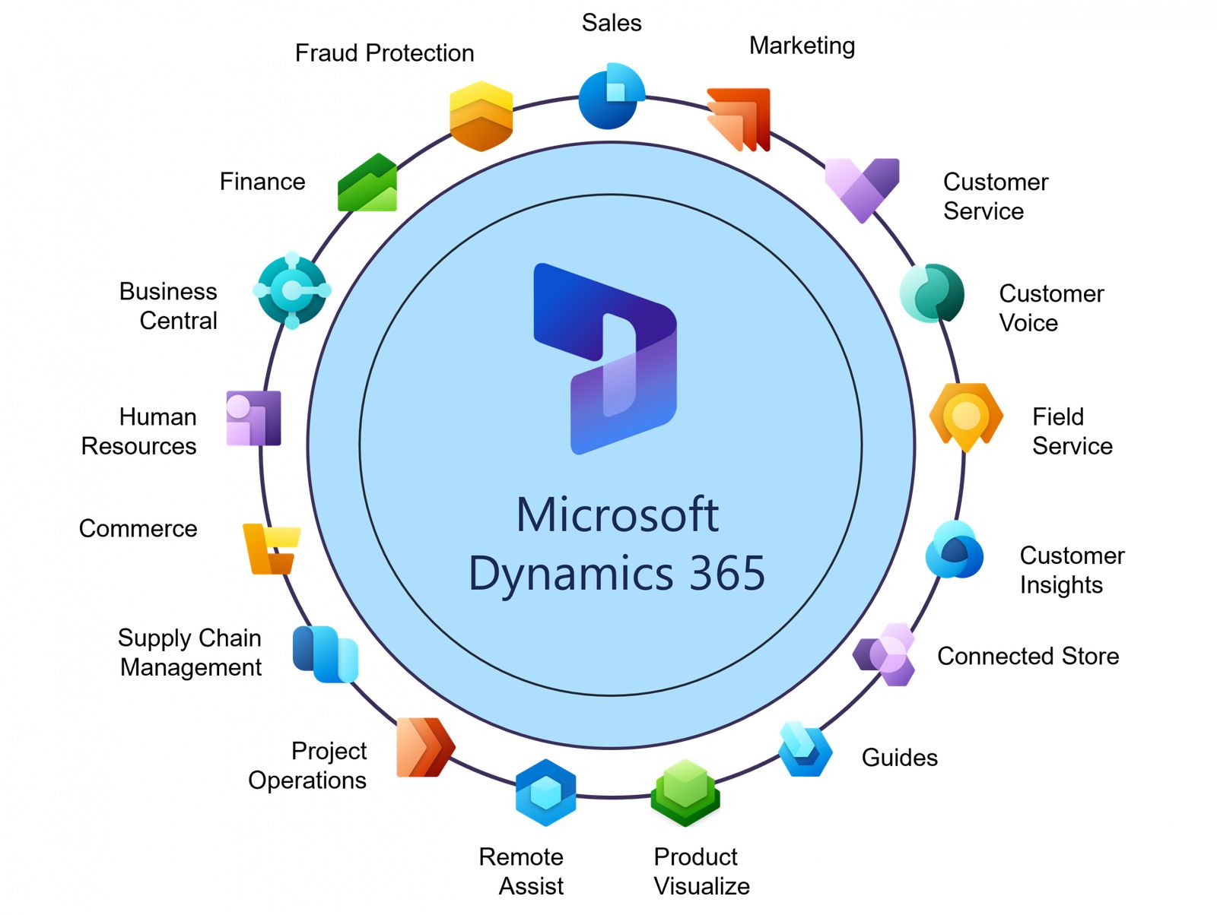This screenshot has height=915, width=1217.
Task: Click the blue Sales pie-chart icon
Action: (610, 97)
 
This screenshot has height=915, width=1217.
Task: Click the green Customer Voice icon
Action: (932, 293)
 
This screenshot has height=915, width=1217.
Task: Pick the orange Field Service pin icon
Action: (966, 417)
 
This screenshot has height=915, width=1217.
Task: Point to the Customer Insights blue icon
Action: (954, 551)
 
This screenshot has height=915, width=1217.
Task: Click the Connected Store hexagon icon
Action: (887, 654)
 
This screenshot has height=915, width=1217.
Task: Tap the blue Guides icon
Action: (806, 750)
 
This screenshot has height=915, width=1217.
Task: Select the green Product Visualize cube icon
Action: (685, 792)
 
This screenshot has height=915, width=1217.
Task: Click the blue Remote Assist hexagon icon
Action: (545, 793)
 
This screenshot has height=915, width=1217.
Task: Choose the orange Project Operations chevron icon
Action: (424, 747)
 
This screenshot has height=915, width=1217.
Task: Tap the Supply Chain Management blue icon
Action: (325, 654)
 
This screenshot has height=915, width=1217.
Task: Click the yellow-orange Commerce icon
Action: (271, 548)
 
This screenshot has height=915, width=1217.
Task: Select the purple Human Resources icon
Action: (253, 419)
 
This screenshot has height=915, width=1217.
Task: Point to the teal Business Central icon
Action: (292, 290)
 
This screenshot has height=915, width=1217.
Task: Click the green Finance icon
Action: (368, 185)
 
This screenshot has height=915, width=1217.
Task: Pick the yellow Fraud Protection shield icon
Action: (481, 116)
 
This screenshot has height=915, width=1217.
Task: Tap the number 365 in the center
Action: (726, 574)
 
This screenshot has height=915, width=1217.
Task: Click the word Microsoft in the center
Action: (617, 515)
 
